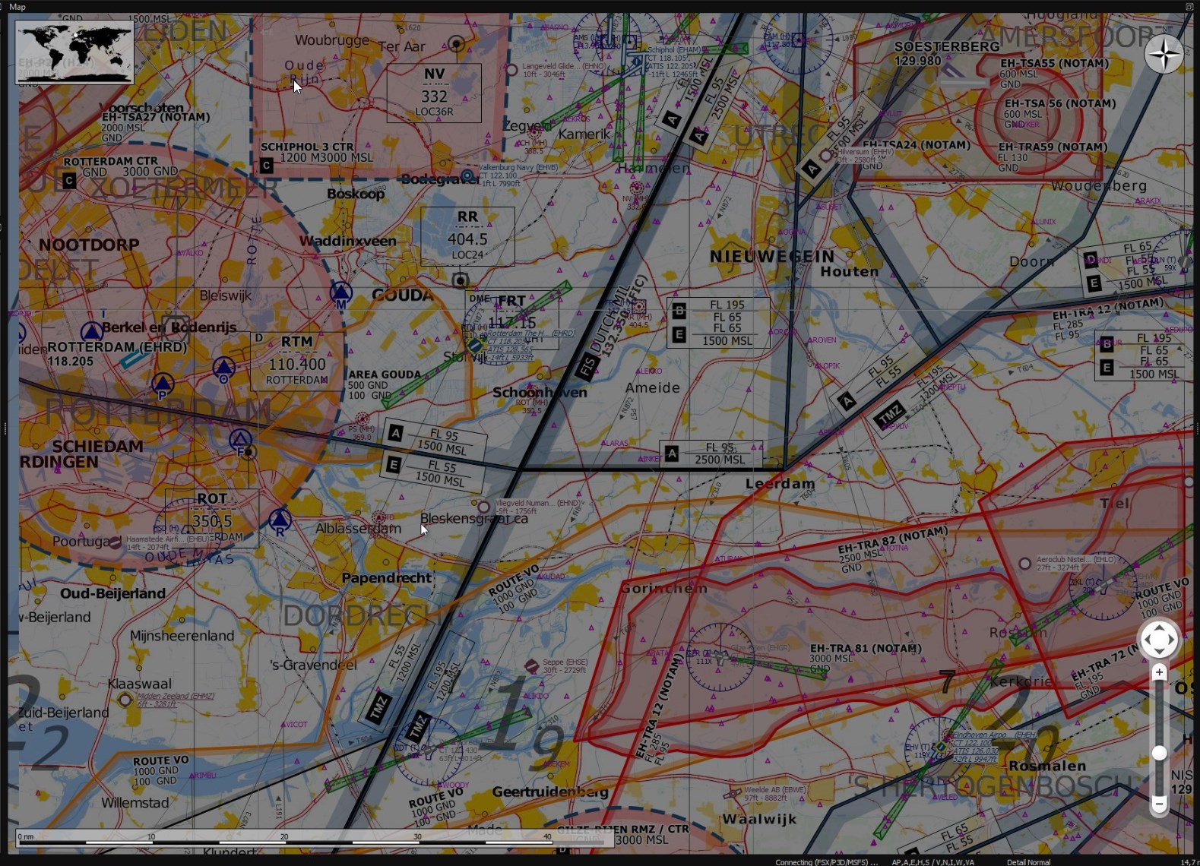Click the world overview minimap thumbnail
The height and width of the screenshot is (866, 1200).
pyautogui.click(x=74, y=52)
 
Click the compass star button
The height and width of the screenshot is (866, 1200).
pyautogui.click(x=1163, y=54)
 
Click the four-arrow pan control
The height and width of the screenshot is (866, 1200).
pyautogui.click(x=1158, y=640)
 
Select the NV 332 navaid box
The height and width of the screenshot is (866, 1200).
pyautogui.click(x=434, y=93)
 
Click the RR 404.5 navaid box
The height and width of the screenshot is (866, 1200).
pyautogui.click(x=467, y=236)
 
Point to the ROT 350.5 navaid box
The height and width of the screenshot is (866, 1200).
pyautogui.click(x=212, y=519)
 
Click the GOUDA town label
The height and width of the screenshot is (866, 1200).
pyautogui.click(x=403, y=296)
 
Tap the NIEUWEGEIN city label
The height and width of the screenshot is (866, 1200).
pyautogui.click(x=772, y=257)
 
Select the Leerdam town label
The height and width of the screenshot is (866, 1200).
pyautogui.click(x=780, y=484)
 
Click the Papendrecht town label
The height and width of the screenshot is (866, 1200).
pyautogui.click(x=387, y=578)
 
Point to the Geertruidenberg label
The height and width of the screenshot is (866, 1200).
pyautogui.click(x=550, y=792)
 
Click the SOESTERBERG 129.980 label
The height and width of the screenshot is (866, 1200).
pyautogui.click(x=946, y=53)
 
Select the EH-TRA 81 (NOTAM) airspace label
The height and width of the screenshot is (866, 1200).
pyautogui.click(x=866, y=649)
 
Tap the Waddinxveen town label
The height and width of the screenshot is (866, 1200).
pyautogui.click(x=348, y=241)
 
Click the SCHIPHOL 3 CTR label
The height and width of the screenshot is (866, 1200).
pyautogui.click(x=307, y=147)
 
